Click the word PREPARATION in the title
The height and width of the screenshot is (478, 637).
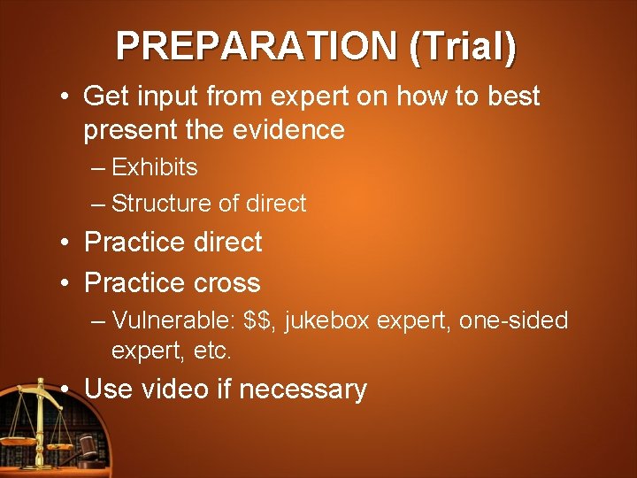(x=257, y=46)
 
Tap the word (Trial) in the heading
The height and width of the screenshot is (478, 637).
(x=463, y=46)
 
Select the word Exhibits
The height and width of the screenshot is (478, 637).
(x=155, y=166)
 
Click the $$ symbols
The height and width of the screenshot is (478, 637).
(x=263, y=320)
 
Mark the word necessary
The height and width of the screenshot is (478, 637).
(x=303, y=389)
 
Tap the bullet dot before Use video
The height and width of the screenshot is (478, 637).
(x=66, y=389)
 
